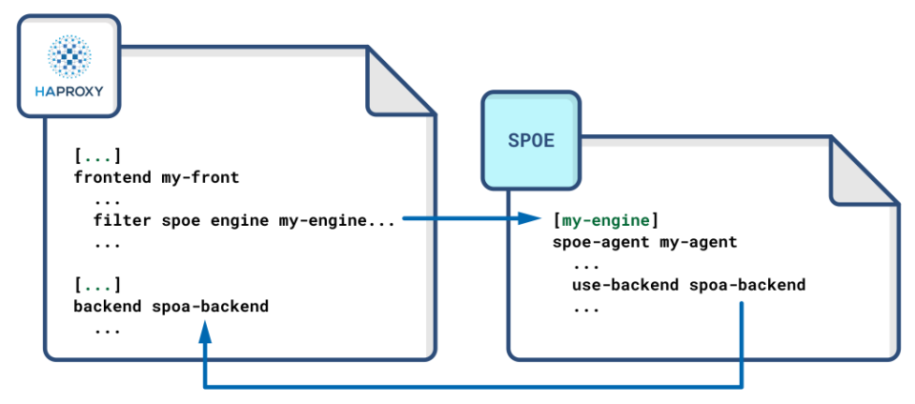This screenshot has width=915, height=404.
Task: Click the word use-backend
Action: point(625,285)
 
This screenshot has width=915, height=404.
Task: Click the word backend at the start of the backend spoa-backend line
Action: point(108,307)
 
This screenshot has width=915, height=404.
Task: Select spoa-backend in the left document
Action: point(211,307)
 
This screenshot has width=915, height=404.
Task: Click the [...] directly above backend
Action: point(97,285)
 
